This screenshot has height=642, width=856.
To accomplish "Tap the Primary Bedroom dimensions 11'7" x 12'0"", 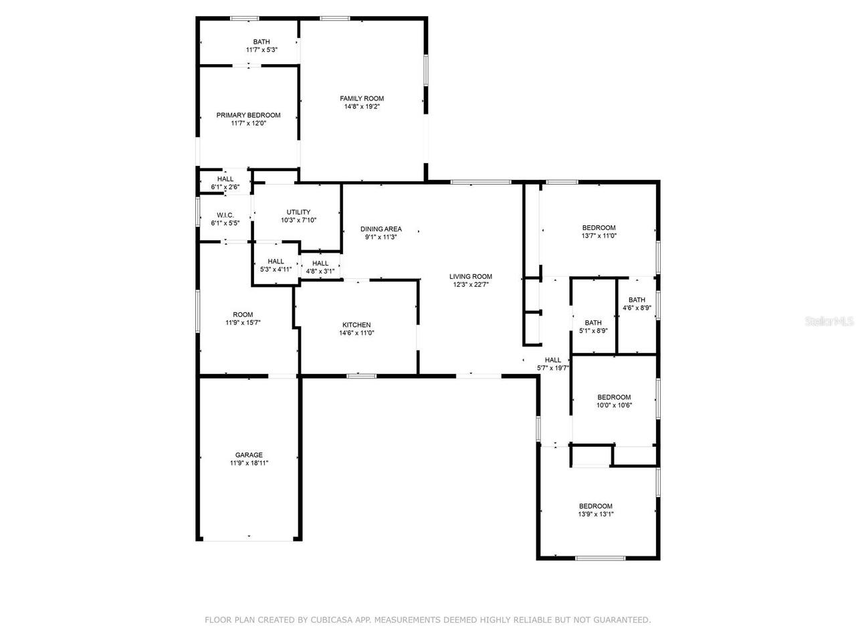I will (x=248, y=123).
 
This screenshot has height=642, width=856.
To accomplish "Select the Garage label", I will (x=248, y=455).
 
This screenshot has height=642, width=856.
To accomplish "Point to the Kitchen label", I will (x=356, y=325).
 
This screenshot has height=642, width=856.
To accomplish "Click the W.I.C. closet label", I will (x=225, y=215).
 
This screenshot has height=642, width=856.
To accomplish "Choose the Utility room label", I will (x=298, y=212).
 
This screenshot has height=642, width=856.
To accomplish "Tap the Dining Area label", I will (x=381, y=229).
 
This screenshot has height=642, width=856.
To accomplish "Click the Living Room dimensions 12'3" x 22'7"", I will (x=471, y=284).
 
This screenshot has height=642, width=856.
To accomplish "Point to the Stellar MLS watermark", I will (x=829, y=322).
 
